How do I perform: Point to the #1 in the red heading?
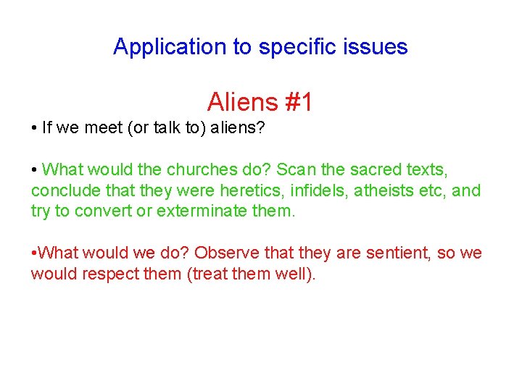(x=299, y=102)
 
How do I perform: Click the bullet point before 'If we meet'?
(x=34, y=128)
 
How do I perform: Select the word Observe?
(x=225, y=253)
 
